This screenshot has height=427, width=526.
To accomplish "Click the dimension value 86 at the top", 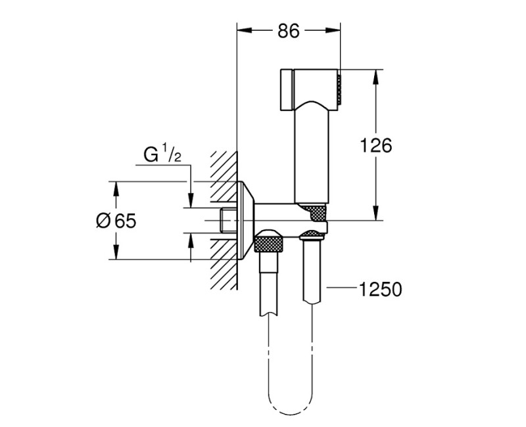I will tap(289, 32).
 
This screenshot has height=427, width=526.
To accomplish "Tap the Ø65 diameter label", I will tap(115, 221).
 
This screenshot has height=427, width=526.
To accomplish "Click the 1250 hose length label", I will tap(380, 288).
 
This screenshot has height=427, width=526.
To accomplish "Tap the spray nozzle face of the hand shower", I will tap(339, 89).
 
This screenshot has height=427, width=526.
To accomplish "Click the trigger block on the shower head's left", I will tap(285, 88).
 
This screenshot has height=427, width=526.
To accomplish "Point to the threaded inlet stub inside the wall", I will tap(227, 220).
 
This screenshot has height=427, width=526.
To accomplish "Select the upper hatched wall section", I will tap(224, 174).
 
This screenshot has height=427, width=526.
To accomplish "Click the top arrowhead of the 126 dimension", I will tap(375, 74).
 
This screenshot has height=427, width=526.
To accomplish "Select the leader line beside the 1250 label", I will tap(341, 288).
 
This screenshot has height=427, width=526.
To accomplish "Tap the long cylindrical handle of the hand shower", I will tap(311, 154).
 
